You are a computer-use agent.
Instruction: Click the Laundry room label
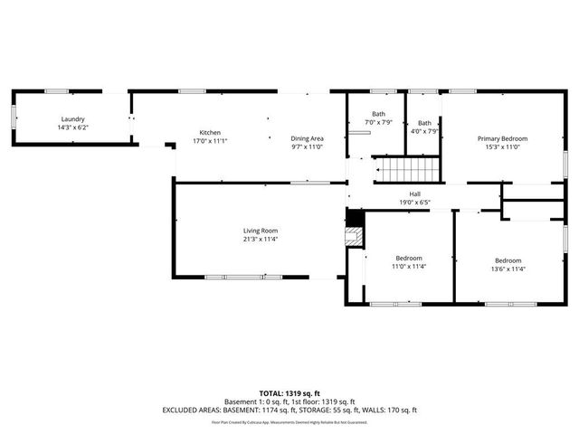[72, 119]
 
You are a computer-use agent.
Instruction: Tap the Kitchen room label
[210, 133]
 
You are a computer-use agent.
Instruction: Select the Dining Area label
[307, 138]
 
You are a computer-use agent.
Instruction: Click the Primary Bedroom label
[502, 138]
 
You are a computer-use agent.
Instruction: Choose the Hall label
[414, 194]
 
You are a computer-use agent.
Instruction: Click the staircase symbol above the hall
[406, 168]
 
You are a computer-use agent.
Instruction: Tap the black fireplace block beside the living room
[355, 218]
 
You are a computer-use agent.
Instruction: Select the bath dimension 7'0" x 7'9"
[377, 122]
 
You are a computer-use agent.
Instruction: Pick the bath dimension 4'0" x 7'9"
[423, 131]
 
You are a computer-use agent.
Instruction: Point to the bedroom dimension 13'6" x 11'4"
[507, 269]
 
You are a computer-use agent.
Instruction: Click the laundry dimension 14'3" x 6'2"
[72, 127]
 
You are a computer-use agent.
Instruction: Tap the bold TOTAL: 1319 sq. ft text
[289, 393]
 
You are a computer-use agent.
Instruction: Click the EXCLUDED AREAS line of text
[289, 410]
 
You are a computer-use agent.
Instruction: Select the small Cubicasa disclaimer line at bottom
[289, 422]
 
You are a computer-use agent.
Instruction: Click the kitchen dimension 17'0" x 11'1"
[210, 141]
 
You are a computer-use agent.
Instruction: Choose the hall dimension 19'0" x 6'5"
[414, 203]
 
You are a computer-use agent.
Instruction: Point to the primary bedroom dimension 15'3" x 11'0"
[502, 146]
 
